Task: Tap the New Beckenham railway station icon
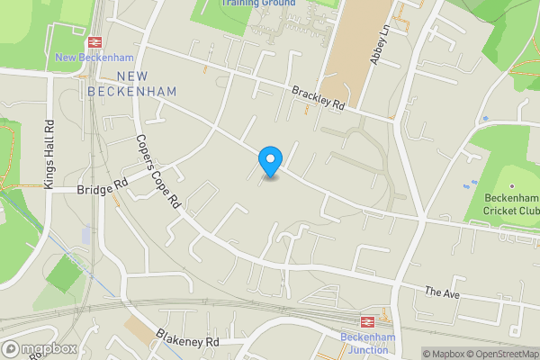tap(93, 42)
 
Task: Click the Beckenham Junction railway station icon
tap(366, 320)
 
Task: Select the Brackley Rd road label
tap(319, 97)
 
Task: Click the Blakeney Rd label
tap(187, 341)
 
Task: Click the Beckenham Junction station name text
tap(369, 343)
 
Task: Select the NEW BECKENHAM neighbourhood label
tap(133, 84)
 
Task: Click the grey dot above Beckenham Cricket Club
tap(511, 184)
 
